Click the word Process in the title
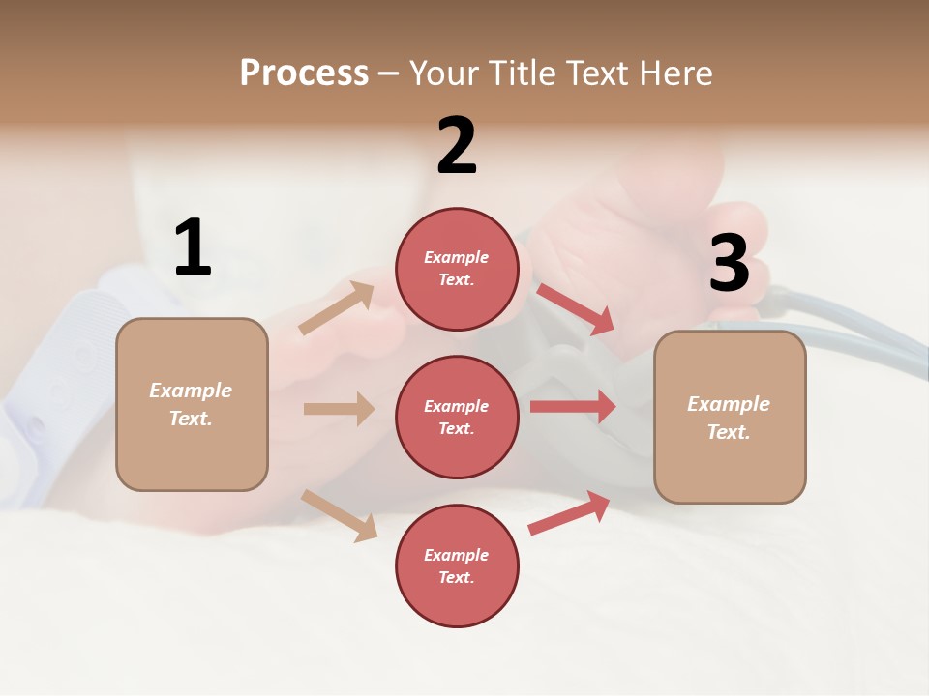[x=304, y=73]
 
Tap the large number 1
[x=193, y=247]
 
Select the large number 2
[x=457, y=146]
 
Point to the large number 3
[x=729, y=264]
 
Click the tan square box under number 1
[x=192, y=404]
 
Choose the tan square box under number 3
[x=730, y=417]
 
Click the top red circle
[x=457, y=269]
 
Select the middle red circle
[x=457, y=417]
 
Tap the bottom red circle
[x=457, y=565]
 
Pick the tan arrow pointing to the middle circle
[x=339, y=409]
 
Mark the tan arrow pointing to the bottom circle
[x=339, y=514]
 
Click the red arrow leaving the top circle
[x=575, y=308]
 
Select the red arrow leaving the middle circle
[x=573, y=406]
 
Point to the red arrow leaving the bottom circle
[x=569, y=513]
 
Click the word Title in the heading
[x=523, y=73]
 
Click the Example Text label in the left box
[x=192, y=404]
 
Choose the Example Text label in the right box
[x=730, y=418]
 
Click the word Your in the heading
[x=443, y=73]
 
